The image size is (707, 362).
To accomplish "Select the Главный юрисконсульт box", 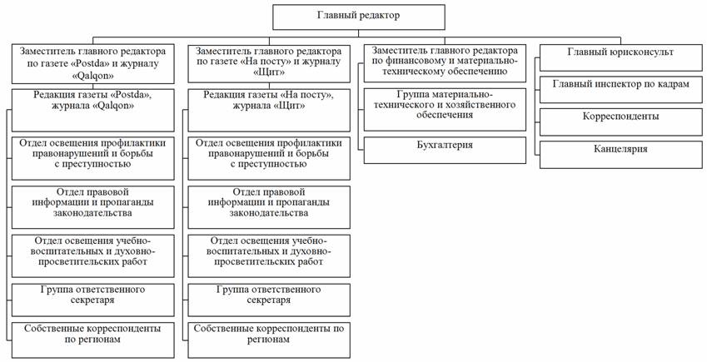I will click(x=620, y=52).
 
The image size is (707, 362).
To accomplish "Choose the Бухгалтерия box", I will click(x=445, y=146).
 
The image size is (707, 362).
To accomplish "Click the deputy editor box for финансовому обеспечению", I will click(x=445, y=62).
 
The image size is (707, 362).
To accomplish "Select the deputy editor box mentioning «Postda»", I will click(x=93, y=62).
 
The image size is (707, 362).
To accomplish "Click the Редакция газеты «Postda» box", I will click(x=93, y=101).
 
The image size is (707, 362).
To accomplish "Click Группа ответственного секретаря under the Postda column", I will click(x=93, y=295).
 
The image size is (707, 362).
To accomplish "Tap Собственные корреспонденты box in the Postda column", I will click(x=93, y=335).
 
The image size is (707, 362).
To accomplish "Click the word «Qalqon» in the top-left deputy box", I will click(x=92, y=74).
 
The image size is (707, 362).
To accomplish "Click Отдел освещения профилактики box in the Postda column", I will click(x=93, y=153).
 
